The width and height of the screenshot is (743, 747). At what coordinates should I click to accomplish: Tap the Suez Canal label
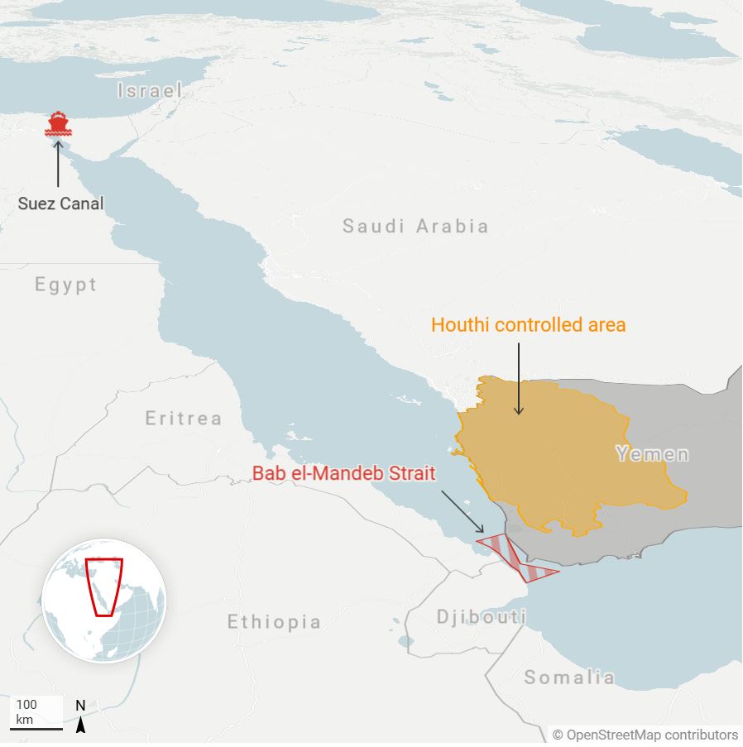(x=61, y=203)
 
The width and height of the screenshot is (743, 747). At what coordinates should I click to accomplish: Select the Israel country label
(x=149, y=90)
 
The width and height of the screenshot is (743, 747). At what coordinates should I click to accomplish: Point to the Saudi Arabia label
(x=415, y=226)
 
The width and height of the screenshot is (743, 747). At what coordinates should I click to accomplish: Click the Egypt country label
(x=66, y=285)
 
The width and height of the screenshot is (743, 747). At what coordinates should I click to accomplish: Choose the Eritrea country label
(x=184, y=418)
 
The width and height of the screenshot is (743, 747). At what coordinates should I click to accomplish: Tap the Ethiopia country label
(x=274, y=621)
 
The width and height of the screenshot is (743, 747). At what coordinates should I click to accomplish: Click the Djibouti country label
(x=482, y=616)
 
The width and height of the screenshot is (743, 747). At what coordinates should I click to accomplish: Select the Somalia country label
(x=569, y=678)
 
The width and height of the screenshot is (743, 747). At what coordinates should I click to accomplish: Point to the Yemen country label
(x=652, y=453)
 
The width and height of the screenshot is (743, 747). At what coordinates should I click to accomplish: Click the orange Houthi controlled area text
(x=528, y=325)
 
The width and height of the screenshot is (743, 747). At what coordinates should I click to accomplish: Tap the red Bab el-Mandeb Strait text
(x=344, y=474)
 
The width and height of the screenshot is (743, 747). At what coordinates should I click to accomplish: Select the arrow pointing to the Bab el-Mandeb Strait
(x=463, y=511)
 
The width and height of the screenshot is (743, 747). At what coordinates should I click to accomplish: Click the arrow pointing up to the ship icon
(x=58, y=163)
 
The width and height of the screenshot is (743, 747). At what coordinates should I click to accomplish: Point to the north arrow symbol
(x=81, y=717)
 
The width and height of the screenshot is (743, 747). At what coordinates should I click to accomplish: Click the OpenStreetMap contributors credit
(x=645, y=735)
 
